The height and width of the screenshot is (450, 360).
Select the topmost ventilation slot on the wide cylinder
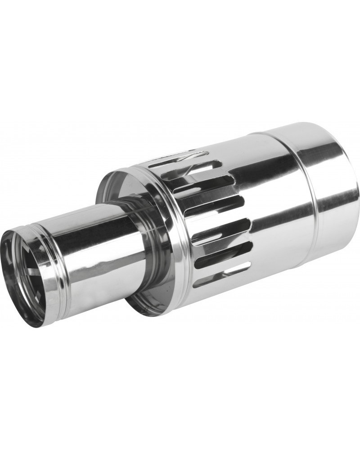pyautogui.click(x=178, y=160)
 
